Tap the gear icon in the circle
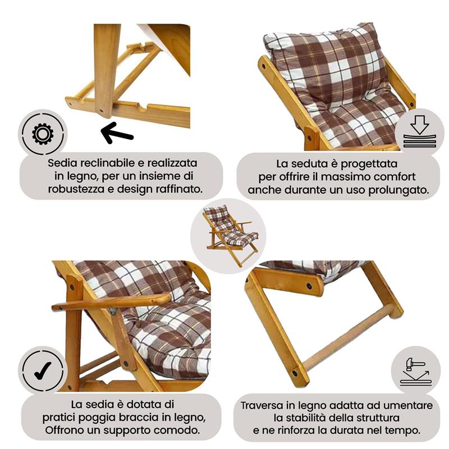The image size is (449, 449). pyautogui.click(x=43, y=134)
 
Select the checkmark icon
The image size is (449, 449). pyautogui.click(x=43, y=369)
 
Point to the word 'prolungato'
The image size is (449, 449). pyautogui.click(x=398, y=190)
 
